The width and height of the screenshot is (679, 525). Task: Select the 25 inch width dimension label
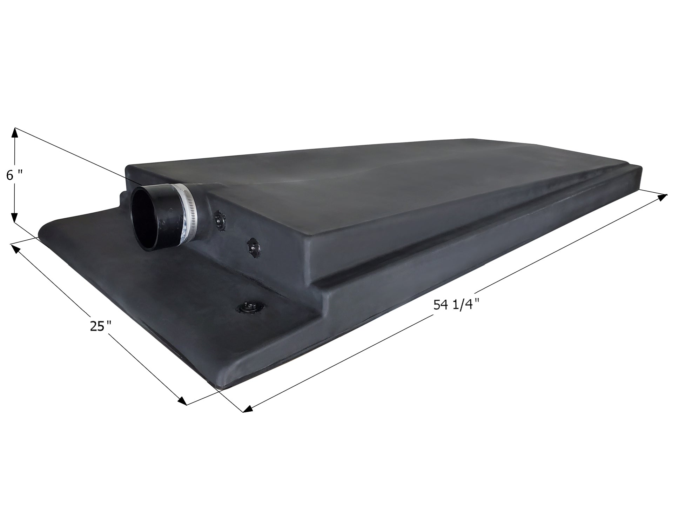click(x=100, y=326)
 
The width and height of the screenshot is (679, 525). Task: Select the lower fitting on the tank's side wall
click(x=254, y=246)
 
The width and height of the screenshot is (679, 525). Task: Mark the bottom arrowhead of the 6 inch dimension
click(x=14, y=218)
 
